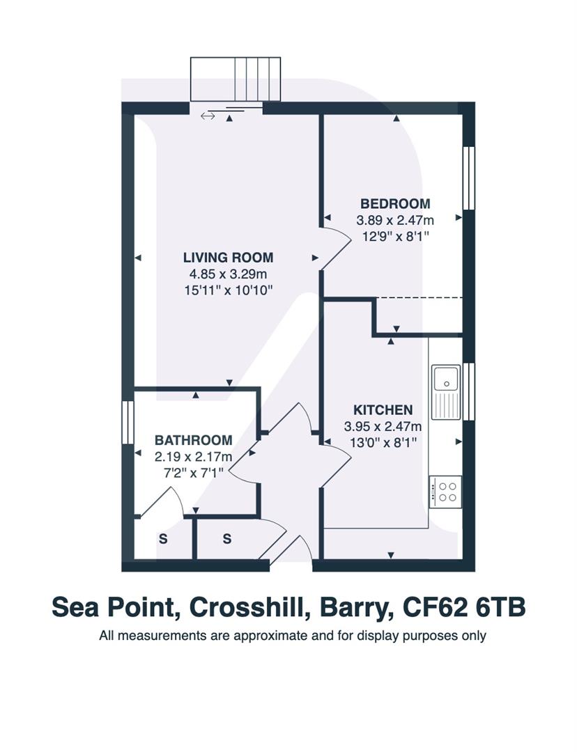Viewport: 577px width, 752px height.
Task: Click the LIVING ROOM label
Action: coord(228,257)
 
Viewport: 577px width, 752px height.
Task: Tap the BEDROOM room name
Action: coord(395,203)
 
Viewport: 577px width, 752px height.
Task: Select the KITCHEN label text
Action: coord(383,410)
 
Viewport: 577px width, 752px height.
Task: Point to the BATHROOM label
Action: coord(193,440)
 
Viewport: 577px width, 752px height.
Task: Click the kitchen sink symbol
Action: coord(444,379)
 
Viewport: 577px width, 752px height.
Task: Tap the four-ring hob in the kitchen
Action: coord(445,489)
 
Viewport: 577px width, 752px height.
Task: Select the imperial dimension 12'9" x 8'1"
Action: coord(395,236)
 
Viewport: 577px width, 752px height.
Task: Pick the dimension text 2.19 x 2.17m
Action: coord(193,457)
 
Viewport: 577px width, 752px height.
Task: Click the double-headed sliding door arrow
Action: coord(208,116)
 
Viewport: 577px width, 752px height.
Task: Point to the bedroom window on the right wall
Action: coord(469,178)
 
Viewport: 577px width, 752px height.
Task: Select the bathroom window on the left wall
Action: coord(127,421)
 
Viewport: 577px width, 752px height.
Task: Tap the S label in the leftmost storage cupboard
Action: coord(163,538)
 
